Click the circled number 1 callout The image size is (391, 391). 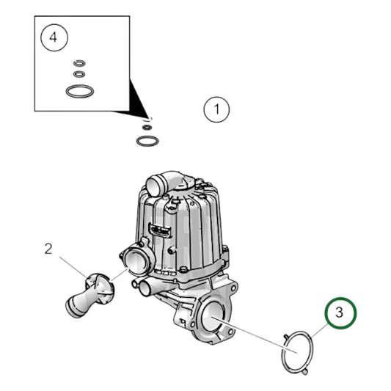216,111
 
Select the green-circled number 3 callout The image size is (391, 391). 340,313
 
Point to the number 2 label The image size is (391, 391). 48,249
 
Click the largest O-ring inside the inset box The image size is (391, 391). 78,92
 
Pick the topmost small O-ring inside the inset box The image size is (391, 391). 78,62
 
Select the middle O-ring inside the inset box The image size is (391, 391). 78,74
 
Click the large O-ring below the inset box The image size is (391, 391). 147,139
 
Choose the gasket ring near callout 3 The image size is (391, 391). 298,352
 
